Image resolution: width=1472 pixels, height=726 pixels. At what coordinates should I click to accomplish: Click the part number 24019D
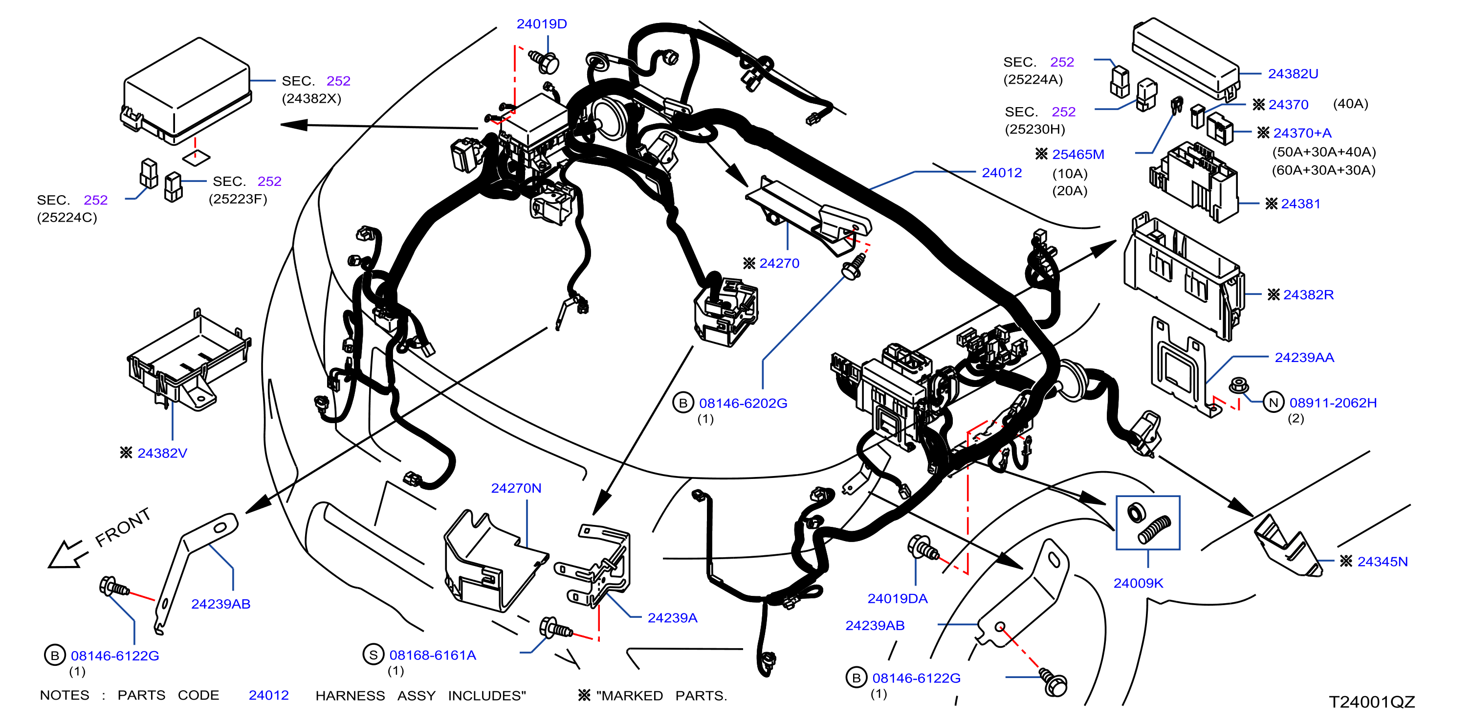tap(541, 24)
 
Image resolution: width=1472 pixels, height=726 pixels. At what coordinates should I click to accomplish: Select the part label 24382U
tap(1293, 74)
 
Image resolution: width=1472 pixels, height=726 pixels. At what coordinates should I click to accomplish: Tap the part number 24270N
tap(516, 488)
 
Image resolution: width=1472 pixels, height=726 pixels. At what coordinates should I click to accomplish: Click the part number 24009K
tap(1138, 583)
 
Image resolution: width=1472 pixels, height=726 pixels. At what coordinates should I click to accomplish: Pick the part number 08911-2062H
tap(1333, 403)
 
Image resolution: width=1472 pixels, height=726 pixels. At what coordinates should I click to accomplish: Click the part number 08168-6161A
tap(433, 655)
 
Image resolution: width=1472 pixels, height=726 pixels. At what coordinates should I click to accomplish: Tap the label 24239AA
tap(1304, 357)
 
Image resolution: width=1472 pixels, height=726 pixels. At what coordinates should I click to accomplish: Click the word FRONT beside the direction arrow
tap(123, 526)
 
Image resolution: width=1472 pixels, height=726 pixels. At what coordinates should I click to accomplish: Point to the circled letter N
tap(1273, 403)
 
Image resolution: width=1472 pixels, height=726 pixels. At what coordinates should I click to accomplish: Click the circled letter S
tap(373, 655)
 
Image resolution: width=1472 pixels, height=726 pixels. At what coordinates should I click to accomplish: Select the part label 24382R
tap(1308, 295)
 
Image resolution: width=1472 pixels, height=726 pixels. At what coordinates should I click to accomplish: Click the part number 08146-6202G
tap(743, 403)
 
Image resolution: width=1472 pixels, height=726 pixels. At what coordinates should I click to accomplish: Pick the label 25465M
tap(1077, 154)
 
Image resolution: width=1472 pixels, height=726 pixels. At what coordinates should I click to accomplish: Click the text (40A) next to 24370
tap(1350, 104)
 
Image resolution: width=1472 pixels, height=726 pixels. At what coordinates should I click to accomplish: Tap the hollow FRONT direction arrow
tap(67, 554)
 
